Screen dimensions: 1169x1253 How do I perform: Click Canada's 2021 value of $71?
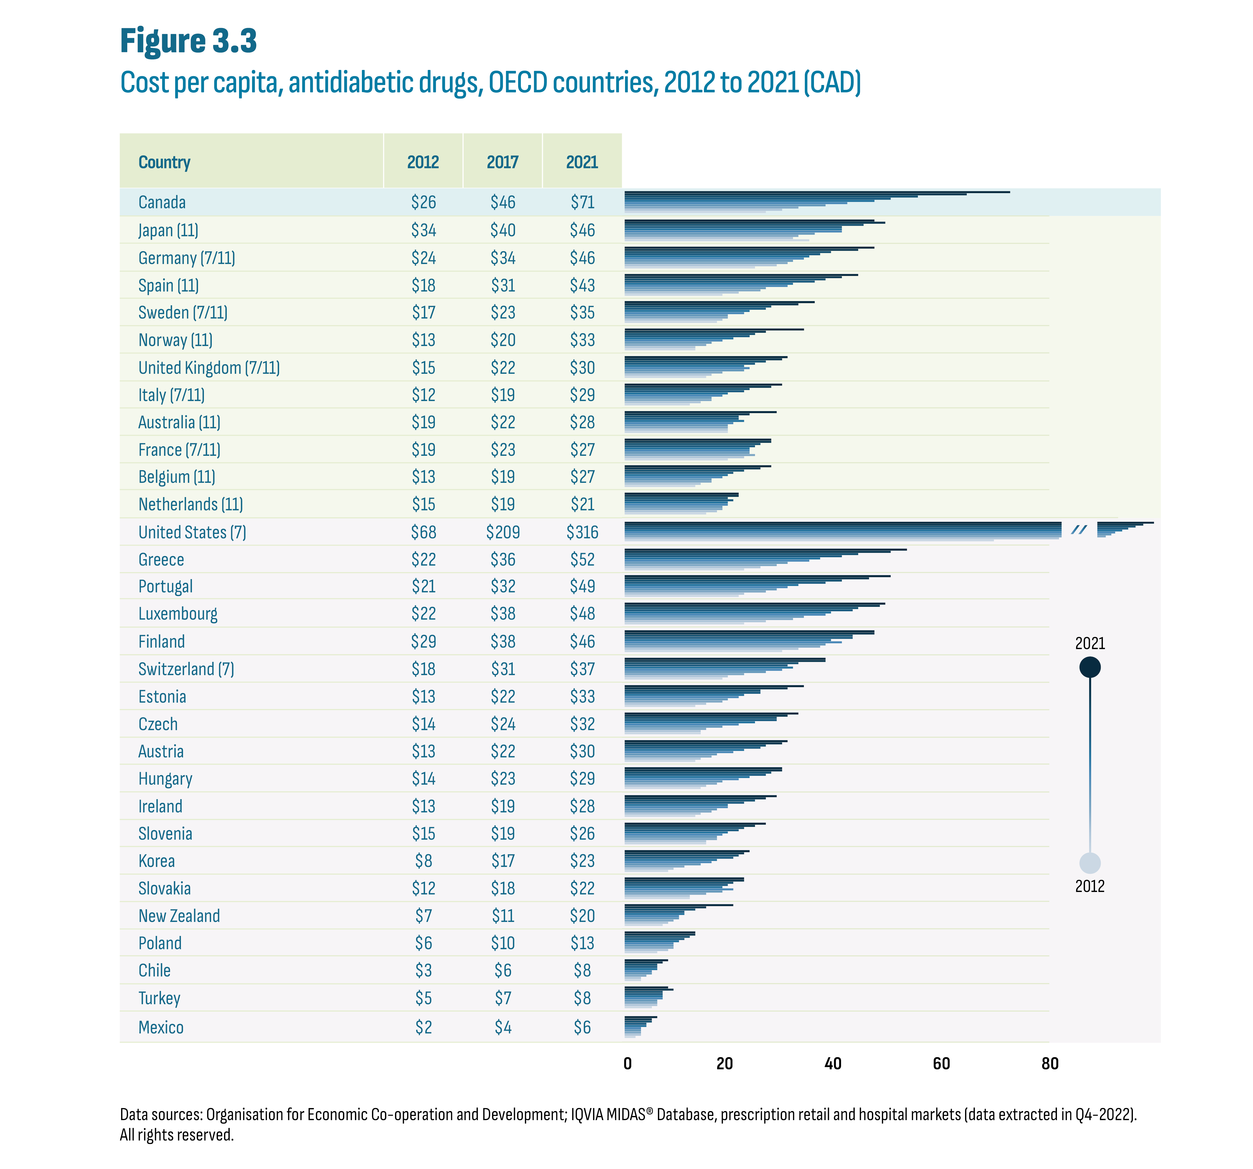point(582,202)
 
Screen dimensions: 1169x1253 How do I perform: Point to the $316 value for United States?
point(582,532)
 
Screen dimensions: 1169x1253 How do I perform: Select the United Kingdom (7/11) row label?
point(209,367)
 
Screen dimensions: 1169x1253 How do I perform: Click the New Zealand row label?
point(179,916)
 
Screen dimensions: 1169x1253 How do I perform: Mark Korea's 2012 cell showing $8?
point(424,861)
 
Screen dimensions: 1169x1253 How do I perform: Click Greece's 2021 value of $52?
point(582,560)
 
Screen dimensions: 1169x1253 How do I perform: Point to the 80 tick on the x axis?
point(1049,1064)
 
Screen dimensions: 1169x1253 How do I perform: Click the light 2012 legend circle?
point(1090,863)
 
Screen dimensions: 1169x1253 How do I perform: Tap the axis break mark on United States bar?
point(1079,530)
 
